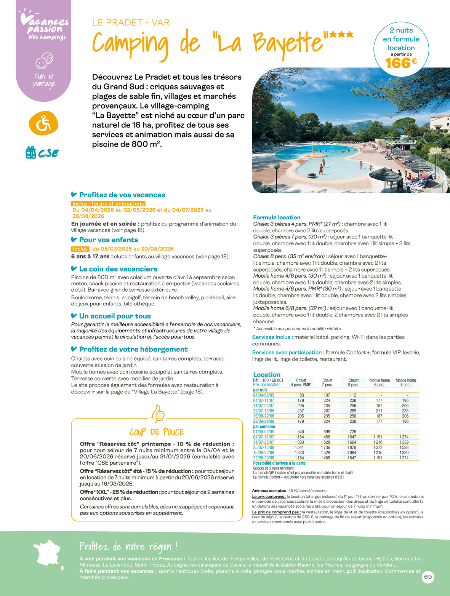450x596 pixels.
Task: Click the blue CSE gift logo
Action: [42, 153]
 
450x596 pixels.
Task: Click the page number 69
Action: [428, 577]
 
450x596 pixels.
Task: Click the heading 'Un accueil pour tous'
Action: [115, 316]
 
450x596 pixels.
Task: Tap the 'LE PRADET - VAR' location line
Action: [131, 22]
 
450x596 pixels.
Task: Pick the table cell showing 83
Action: [301, 395]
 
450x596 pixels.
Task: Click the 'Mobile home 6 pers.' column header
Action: [380, 382]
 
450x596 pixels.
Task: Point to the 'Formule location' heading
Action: [276, 217]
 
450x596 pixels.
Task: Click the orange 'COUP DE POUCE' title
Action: [157, 432]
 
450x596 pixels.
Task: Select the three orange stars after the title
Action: [341, 35]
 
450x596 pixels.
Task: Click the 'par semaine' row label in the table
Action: [264, 427]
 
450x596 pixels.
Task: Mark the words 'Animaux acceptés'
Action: [269, 491]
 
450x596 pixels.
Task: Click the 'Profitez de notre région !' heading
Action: [128, 547]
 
